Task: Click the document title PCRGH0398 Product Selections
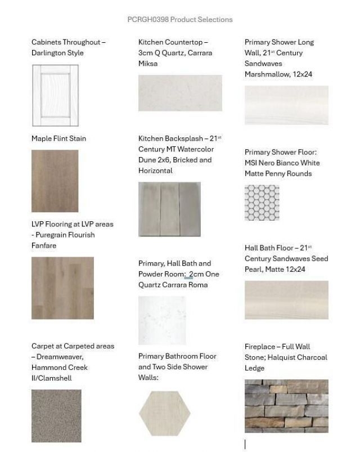point(180,19)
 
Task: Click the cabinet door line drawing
point(55,95)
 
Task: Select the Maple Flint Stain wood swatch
point(55,180)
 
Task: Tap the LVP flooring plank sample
point(62,288)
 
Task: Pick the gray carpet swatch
point(56,415)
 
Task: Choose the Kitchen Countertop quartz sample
point(180,93)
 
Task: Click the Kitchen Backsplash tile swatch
point(169,208)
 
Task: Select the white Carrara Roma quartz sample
point(162,320)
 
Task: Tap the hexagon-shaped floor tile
point(161,413)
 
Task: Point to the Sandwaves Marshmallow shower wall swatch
point(286,105)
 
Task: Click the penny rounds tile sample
point(262,202)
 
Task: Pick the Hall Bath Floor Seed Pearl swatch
point(286,300)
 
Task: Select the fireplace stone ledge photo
point(286,405)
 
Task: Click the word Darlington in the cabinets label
point(50,53)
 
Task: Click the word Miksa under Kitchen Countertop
point(148,64)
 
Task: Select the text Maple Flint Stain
point(58,138)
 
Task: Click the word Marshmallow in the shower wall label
point(267,74)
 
